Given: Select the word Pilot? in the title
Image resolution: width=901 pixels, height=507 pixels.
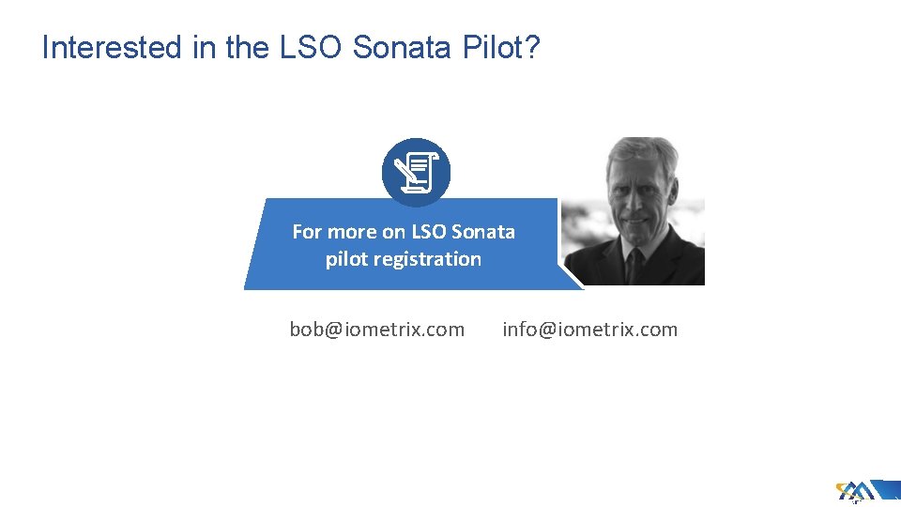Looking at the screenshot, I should tap(501, 48).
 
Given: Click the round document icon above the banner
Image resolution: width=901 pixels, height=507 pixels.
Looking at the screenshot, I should tap(416, 173).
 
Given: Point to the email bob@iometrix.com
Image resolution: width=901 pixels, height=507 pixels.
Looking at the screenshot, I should tap(376, 330).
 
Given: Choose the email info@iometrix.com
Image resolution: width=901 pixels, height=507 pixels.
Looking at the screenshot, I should tap(589, 330).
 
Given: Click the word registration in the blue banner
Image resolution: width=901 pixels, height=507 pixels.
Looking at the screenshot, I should tap(427, 259).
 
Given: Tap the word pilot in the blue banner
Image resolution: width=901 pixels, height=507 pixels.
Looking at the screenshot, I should tap(346, 259).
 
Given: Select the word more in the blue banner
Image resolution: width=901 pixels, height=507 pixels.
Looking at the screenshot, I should tap(352, 231).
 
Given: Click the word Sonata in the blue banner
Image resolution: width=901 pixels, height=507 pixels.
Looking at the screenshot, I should tap(483, 231).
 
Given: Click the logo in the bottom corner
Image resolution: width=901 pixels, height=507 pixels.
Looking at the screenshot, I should tap(858, 491).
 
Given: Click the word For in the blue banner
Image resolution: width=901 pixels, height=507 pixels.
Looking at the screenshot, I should tap(307, 231).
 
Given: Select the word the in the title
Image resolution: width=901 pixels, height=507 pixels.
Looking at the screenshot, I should tap(247, 48).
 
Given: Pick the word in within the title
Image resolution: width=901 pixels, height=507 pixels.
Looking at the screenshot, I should tap(204, 48).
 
